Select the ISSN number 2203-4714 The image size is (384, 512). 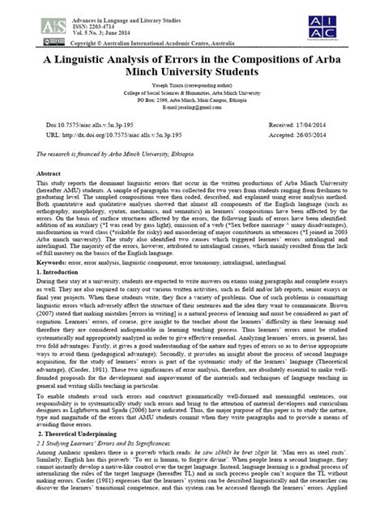87,15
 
